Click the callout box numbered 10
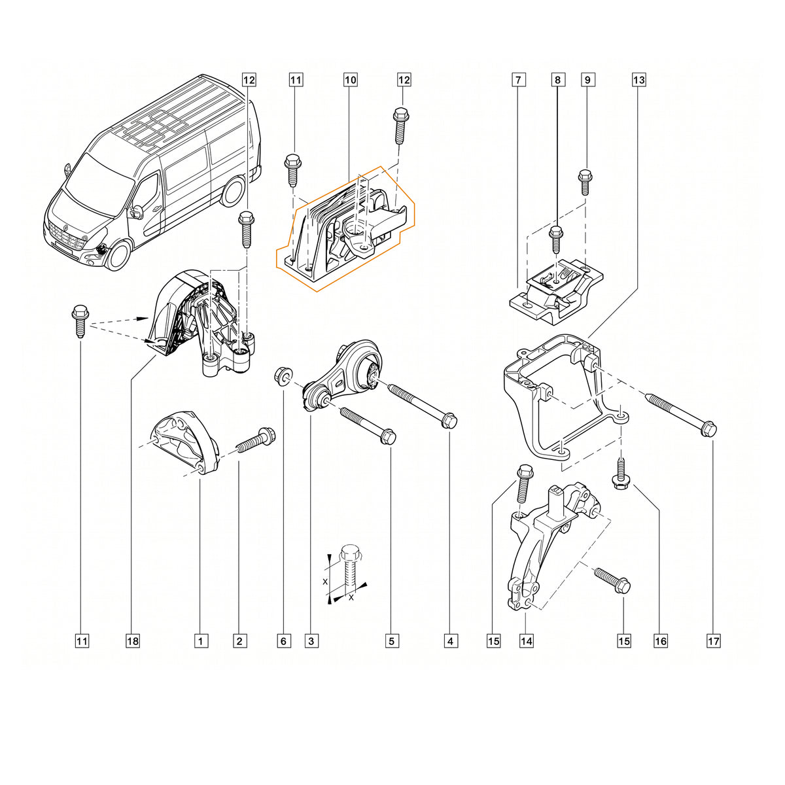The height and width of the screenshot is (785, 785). (x=351, y=79)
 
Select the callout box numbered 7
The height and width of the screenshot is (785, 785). (x=518, y=79)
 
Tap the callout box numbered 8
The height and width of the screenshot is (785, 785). (x=558, y=79)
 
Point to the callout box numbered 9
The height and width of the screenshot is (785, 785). (x=587, y=79)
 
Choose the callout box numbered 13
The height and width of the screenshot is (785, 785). (x=638, y=79)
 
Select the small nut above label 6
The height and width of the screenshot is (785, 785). (x=281, y=374)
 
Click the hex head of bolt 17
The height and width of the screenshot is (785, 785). (x=709, y=429)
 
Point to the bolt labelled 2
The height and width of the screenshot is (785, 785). (x=256, y=442)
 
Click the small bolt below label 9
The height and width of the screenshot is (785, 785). (x=585, y=182)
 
